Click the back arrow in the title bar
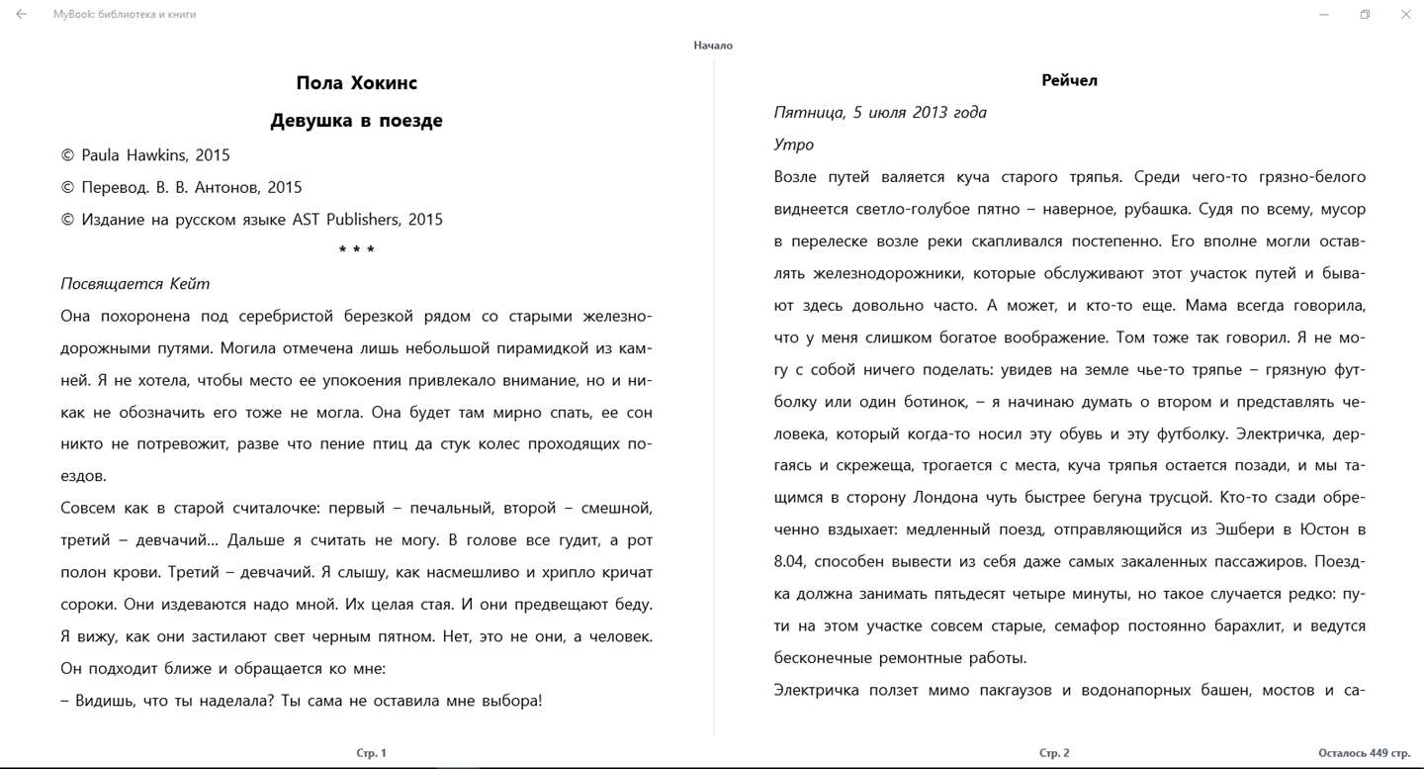[x=22, y=15]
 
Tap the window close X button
[x=1405, y=15]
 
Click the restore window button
[x=1365, y=15]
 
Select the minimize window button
[x=1324, y=15]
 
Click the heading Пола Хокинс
[x=356, y=83]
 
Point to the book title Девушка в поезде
[x=356, y=121]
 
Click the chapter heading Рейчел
[x=1069, y=80]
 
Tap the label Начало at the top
[x=713, y=46]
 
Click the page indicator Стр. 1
[x=371, y=753]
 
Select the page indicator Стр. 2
[x=1054, y=753]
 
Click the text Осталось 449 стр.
[x=1364, y=753]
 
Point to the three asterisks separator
[x=356, y=251]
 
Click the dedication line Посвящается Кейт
[x=135, y=284]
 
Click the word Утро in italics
[x=794, y=144]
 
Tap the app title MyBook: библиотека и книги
[x=125, y=15]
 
